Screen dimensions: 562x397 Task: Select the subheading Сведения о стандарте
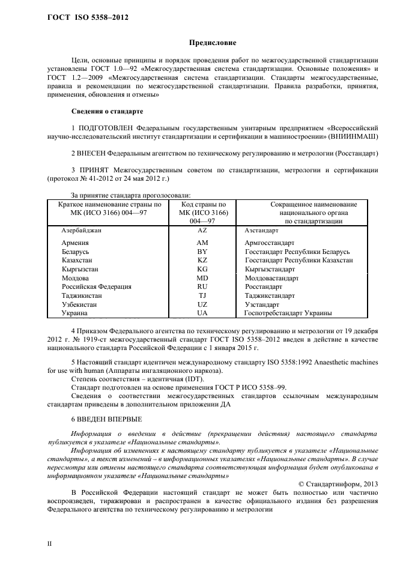point(106,111)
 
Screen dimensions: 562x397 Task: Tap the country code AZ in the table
point(202,230)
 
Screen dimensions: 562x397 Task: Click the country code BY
point(202,252)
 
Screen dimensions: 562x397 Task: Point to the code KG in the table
point(202,269)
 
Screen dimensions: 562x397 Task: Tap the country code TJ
point(202,295)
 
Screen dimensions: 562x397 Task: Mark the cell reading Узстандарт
point(262,304)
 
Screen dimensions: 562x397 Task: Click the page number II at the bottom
point(50,544)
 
